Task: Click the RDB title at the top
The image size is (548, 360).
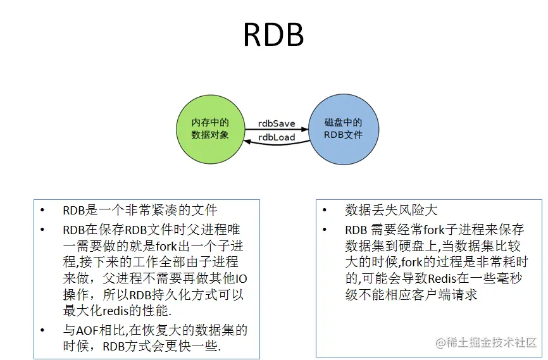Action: (273, 36)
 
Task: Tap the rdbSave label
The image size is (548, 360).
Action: (277, 123)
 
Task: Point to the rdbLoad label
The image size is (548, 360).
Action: (277, 137)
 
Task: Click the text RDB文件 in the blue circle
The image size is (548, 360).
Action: (343, 135)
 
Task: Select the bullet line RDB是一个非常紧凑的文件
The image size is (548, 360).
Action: (139, 211)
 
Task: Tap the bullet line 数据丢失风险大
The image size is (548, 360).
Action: (391, 210)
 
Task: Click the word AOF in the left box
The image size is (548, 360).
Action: (86, 330)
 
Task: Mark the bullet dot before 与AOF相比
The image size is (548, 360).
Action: (42, 330)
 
